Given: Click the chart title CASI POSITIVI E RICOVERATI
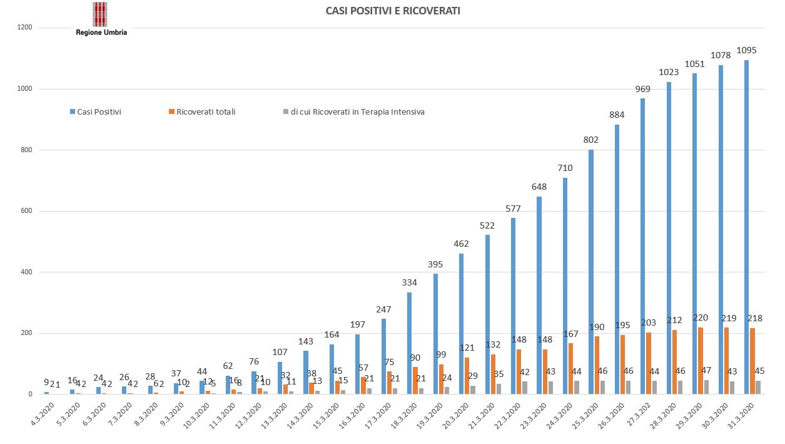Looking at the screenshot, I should pos(393,11).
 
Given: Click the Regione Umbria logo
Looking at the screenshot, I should pos(101,19).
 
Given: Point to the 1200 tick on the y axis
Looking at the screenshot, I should pos(25,28).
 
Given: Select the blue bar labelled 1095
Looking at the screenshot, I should pos(746,227).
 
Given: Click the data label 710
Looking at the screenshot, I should pos(566,168).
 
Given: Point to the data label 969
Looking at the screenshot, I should pos(643,89).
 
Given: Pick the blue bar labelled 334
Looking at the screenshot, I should pos(410,343).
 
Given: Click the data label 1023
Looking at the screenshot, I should pos(669,72).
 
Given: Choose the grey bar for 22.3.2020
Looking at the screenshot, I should pos(525,388).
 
